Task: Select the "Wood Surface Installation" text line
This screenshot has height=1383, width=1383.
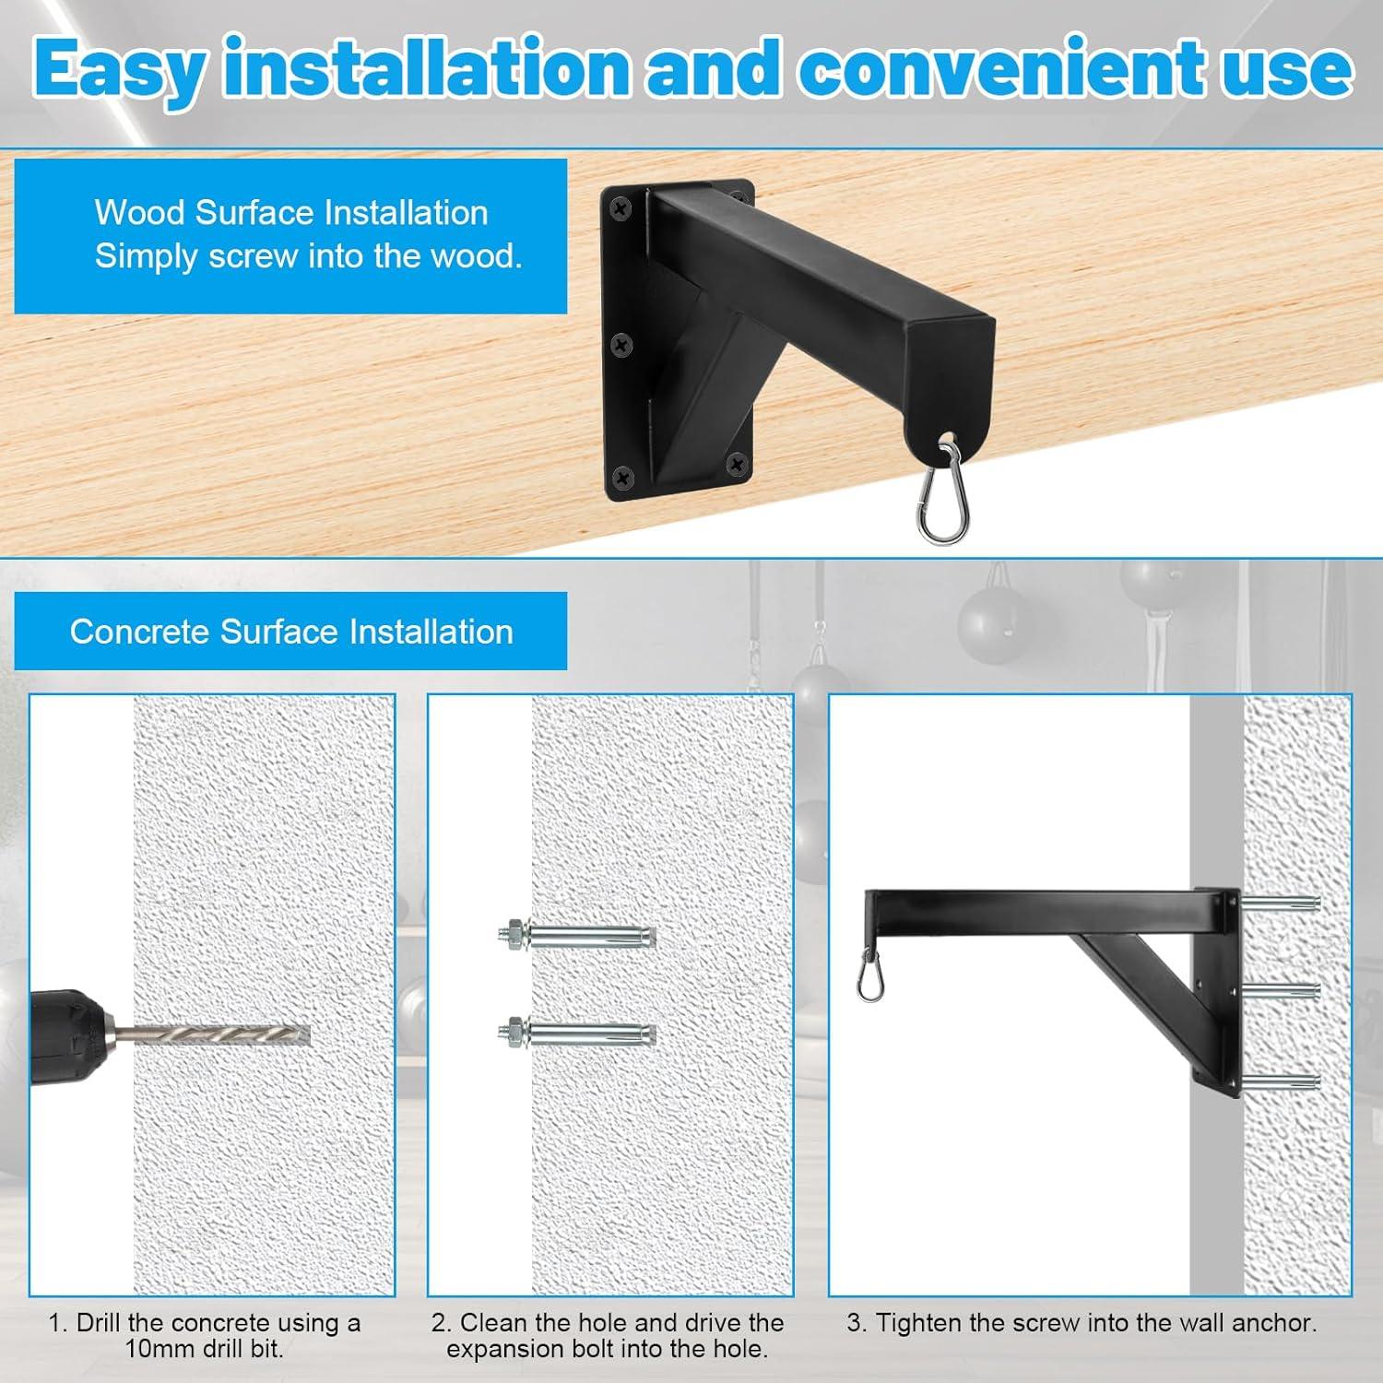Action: (291, 213)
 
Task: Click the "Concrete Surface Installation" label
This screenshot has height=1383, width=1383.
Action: (291, 632)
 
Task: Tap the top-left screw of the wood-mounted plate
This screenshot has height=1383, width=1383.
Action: (617, 210)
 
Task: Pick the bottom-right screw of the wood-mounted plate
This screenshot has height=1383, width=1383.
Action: (737, 463)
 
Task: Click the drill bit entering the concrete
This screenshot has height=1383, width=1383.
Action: (221, 1034)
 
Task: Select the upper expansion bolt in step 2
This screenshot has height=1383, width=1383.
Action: (576, 937)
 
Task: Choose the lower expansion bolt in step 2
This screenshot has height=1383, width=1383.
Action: (576, 1034)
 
